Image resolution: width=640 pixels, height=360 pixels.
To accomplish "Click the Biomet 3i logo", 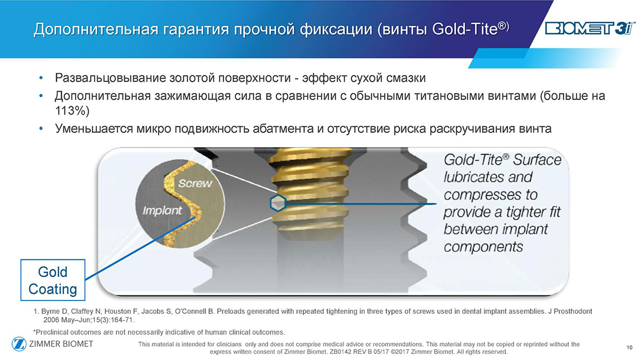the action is tap(590, 28).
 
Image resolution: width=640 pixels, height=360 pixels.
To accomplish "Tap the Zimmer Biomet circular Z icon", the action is tap(19, 344).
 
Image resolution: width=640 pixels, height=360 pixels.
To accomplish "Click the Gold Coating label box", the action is tap(53, 280).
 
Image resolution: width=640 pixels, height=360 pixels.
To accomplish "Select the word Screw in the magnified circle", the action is tap(195, 183).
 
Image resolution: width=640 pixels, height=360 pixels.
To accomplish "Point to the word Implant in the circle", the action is tap(162, 211).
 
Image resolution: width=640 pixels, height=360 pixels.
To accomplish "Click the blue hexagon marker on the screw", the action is tap(278, 203).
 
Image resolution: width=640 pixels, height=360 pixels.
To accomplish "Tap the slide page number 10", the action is tap(629, 347).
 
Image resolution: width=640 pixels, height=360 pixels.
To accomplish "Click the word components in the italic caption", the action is tap(483, 247).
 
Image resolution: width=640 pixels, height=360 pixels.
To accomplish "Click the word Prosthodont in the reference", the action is tap(573, 312).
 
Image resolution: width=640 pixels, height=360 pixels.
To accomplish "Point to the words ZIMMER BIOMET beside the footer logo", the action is tap(61, 344).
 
